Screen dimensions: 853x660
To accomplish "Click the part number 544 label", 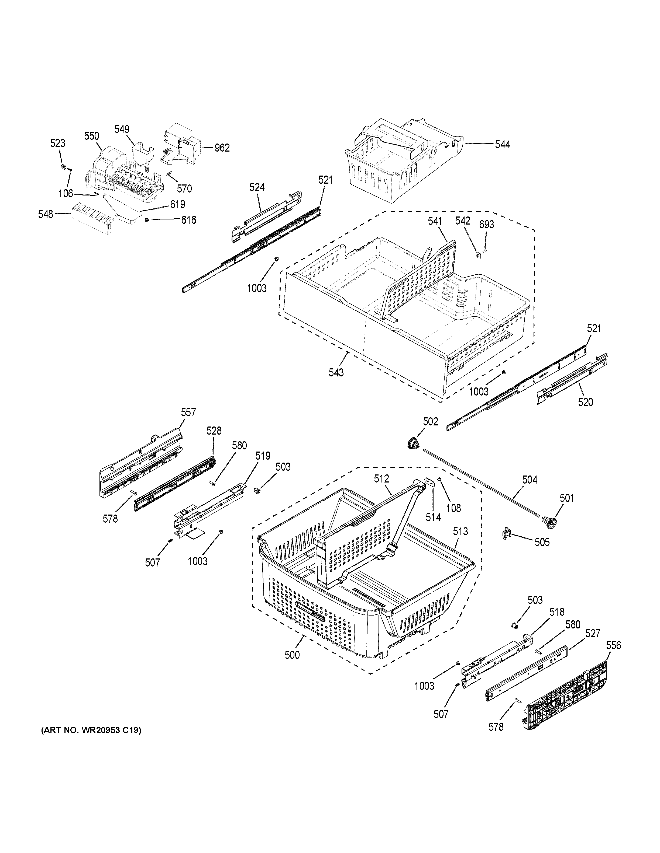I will click(x=503, y=145).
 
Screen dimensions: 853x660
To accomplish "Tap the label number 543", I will click(x=336, y=373).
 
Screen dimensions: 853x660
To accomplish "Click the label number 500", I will click(x=292, y=655).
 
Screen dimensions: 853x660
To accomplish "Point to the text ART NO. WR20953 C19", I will click(x=91, y=730).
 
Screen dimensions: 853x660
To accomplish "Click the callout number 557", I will click(x=188, y=412).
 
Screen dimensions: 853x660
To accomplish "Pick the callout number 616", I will click(x=188, y=220).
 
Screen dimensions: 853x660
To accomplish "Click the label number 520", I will click(x=585, y=402).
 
